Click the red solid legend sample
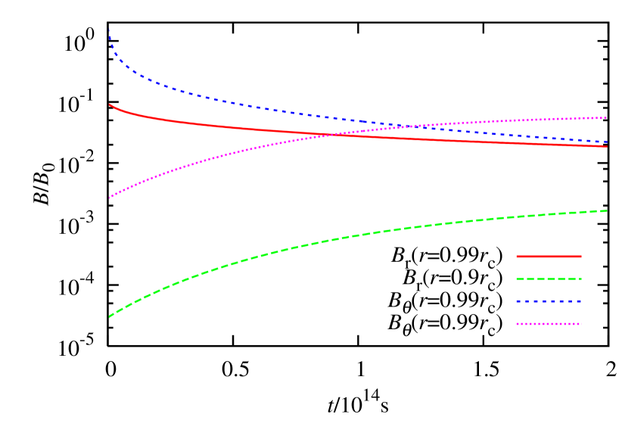click(x=549, y=257)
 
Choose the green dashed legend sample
click(x=549, y=279)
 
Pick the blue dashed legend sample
click(x=549, y=301)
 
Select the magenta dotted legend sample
click(x=549, y=324)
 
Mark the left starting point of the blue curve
click(x=110, y=30)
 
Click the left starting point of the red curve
click(x=110, y=104)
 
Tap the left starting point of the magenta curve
click(x=110, y=198)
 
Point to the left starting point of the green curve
click(x=110, y=316)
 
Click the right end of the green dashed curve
click(x=607, y=210)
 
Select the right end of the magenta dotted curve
click(x=607, y=117)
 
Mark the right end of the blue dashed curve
click(x=607, y=142)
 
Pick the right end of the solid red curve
click(x=607, y=146)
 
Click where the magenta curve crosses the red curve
click(x=331, y=135)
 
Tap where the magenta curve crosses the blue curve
click(x=399, y=126)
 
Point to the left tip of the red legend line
click(x=517, y=257)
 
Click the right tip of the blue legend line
click(x=581, y=301)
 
